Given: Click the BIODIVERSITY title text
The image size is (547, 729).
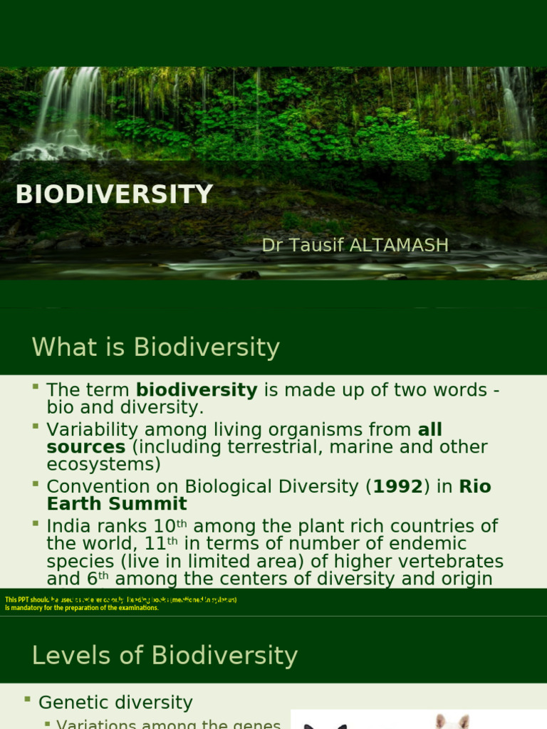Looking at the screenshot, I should tap(114, 194).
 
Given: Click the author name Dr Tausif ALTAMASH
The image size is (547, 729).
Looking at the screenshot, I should tap(355, 246).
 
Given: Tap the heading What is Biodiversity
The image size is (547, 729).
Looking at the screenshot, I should tap(155, 347).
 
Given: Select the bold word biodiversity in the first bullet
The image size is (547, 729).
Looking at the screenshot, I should tap(197, 390).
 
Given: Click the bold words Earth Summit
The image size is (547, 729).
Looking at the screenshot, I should tap(117, 504).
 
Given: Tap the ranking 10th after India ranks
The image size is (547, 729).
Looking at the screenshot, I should tap(170, 526).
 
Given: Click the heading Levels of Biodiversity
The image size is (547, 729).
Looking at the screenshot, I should tap(165, 655).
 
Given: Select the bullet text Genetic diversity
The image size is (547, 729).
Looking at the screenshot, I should tap(115, 703).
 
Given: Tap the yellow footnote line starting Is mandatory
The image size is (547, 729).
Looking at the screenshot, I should tap(82, 608).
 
